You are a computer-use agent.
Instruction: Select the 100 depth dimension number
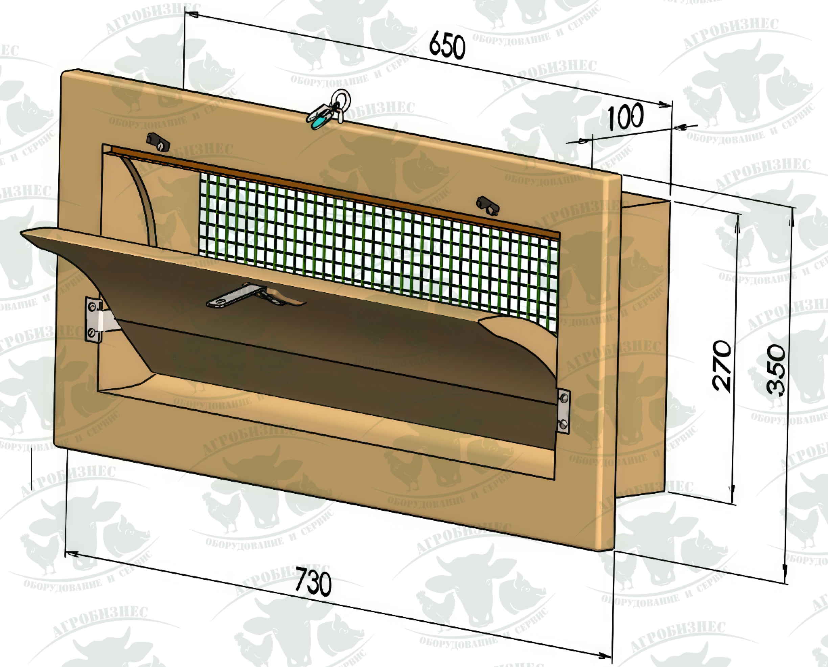point(625,116)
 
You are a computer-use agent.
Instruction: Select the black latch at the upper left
point(158,141)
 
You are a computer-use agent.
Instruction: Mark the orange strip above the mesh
point(334,192)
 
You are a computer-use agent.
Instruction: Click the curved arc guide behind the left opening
point(144,200)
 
